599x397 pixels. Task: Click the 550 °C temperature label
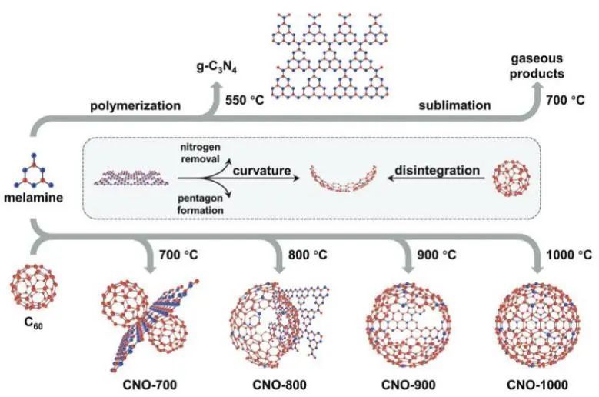pyautogui.click(x=240, y=99)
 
